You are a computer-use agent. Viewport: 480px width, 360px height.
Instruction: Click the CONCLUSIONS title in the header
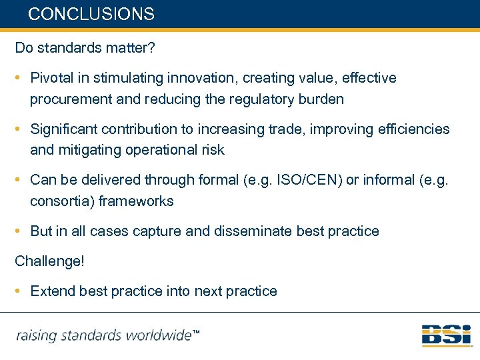(91, 14)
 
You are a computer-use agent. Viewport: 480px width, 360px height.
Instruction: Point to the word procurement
(68, 100)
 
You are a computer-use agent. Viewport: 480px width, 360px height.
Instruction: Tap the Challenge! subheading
(50, 261)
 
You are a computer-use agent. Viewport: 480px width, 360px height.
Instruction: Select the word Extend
(53, 291)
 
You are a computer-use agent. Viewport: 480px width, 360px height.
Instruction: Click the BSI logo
(446, 335)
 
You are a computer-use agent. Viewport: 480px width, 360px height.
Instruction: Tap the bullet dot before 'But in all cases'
(21, 231)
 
